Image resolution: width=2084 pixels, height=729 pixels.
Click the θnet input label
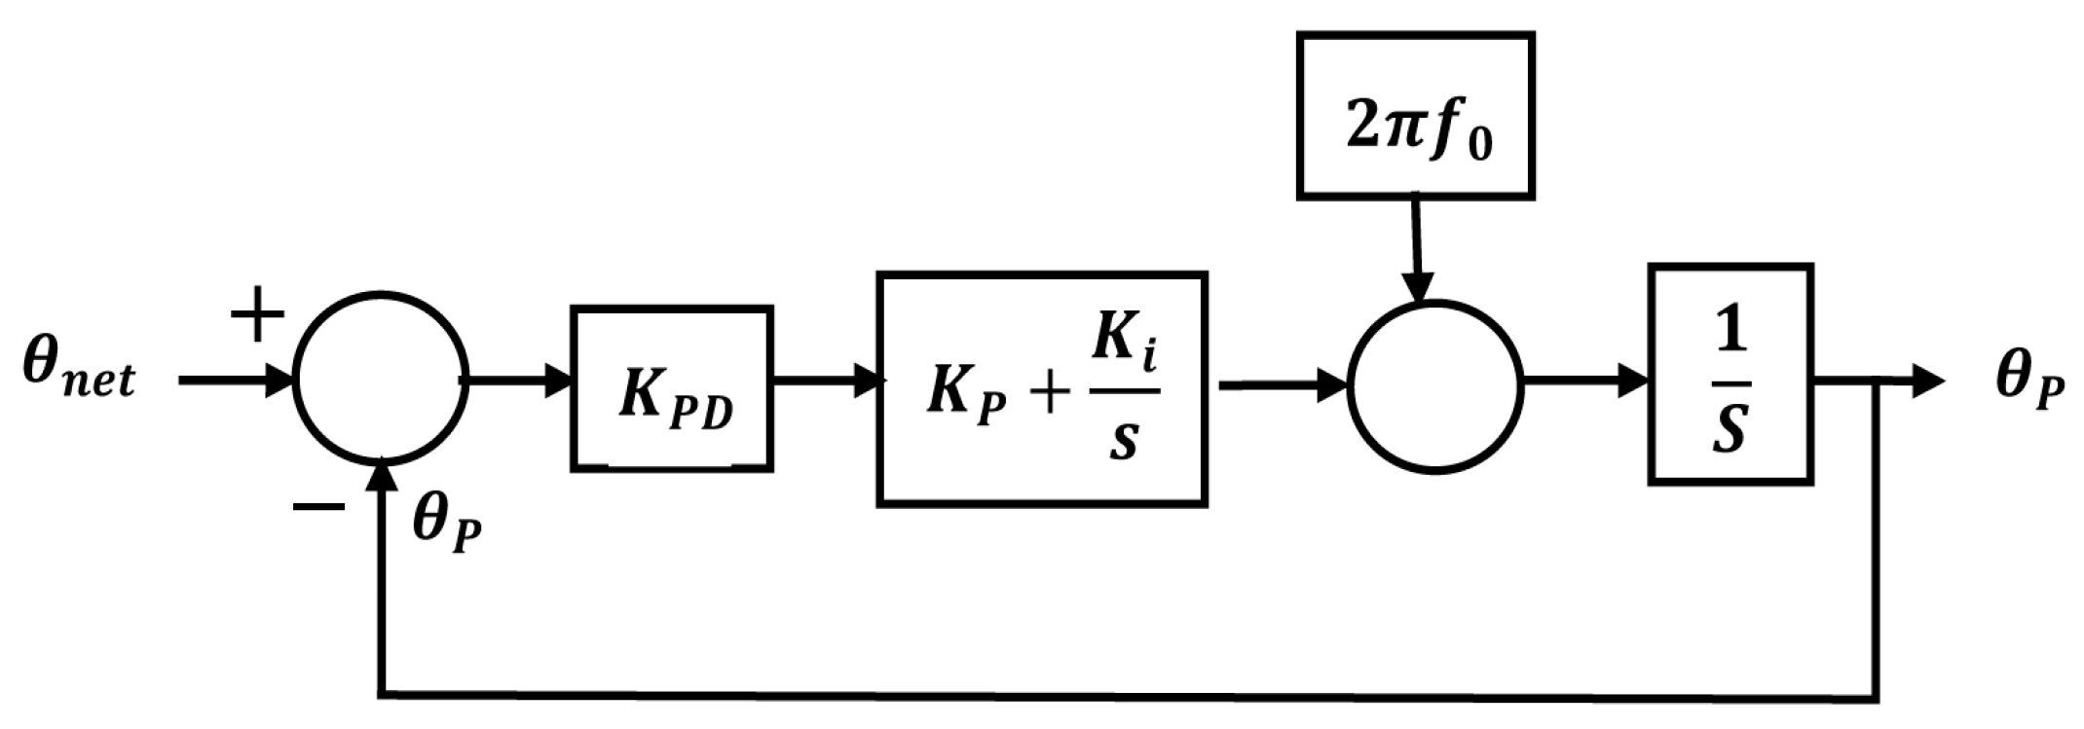click(78, 375)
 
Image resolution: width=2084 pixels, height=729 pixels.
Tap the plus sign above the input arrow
click(257, 313)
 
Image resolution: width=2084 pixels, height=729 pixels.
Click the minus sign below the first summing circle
click(317, 506)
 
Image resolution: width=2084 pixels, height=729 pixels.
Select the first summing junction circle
click(382, 380)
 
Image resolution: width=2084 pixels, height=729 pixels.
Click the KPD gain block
click(672, 389)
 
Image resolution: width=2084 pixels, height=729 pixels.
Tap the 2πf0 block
click(1416, 117)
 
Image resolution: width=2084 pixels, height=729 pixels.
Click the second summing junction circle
click(1433, 385)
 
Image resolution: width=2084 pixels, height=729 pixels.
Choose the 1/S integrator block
click(1730, 374)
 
